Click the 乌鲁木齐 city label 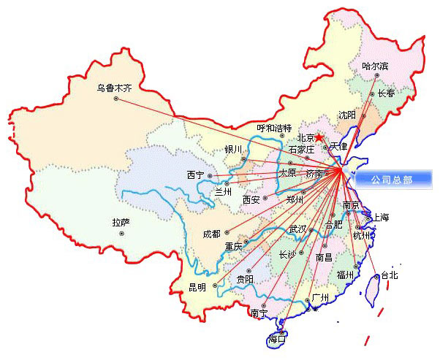(x=115, y=88)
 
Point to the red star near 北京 (x=319, y=137)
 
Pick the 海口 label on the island (x=277, y=339)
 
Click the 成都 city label (x=211, y=234)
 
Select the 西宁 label (x=195, y=175)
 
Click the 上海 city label (x=381, y=218)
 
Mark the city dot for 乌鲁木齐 (x=115, y=99)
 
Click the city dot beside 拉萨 (x=121, y=233)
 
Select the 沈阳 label (x=347, y=115)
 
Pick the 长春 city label (x=386, y=93)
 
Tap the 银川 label (x=233, y=150)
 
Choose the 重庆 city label (x=234, y=245)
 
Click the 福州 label (x=345, y=275)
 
